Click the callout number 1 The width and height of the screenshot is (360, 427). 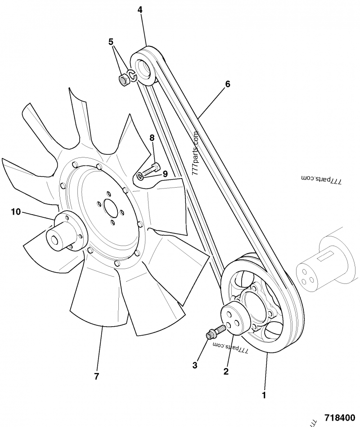click(x=264, y=396)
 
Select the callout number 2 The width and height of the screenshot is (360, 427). click(x=226, y=371)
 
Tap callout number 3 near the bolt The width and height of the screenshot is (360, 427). click(x=195, y=365)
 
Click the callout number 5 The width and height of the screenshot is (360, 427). click(x=111, y=42)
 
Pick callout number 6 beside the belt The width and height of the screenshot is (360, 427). click(x=228, y=84)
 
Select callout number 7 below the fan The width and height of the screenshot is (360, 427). click(x=96, y=376)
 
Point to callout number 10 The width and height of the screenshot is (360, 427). click(x=16, y=211)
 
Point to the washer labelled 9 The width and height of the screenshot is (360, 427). click(x=140, y=175)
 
